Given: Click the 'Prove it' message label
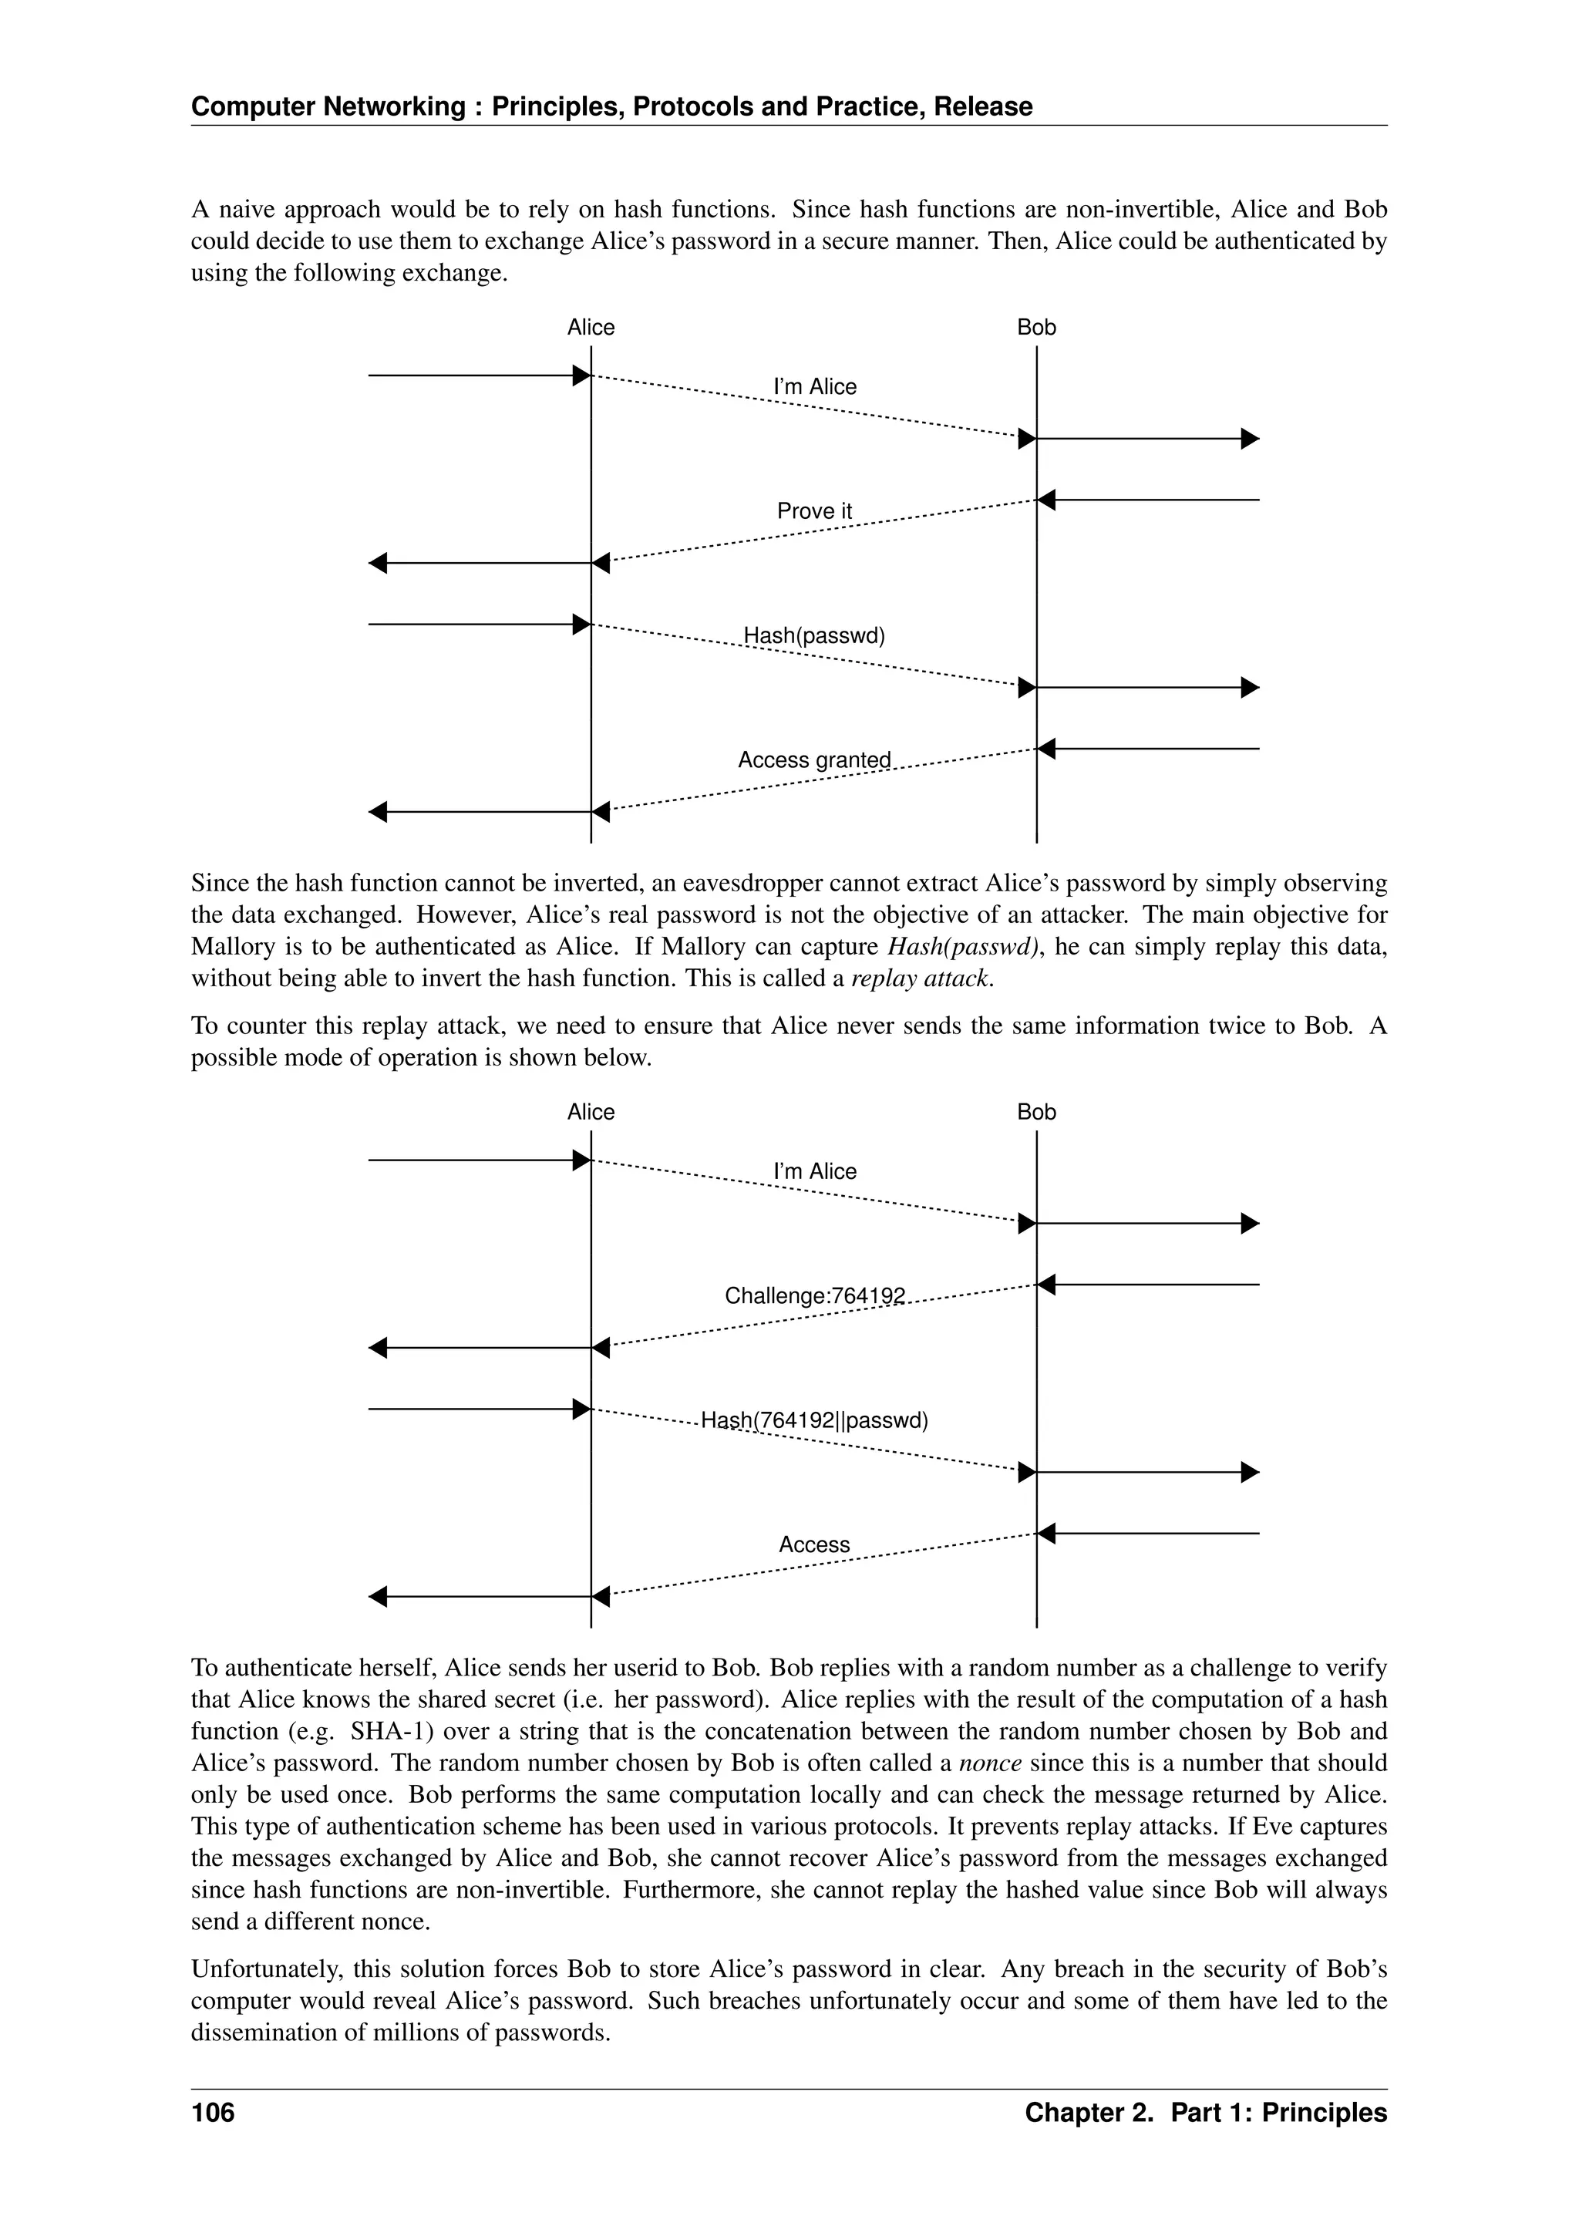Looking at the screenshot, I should pyautogui.click(x=814, y=511).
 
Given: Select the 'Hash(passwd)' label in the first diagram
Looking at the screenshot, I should pyautogui.click(x=814, y=636).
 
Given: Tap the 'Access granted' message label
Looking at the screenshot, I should pyautogui.click(x=814, y=760).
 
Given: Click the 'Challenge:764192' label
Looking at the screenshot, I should pyautogui.click(x=814, y=1296).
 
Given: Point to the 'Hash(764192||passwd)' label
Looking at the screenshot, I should pyautogui.click(x=814, y=1421).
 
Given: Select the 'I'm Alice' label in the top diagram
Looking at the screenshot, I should pyautogui.click(x=814, y=387).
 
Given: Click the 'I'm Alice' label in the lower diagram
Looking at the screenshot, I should pyautogui.click(x=814, y=1172).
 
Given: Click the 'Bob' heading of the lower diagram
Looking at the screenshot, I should pyautogui.click(x=1035, y=1113).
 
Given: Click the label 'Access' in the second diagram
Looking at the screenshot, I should pyautogui.click(x=814, y=1545).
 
